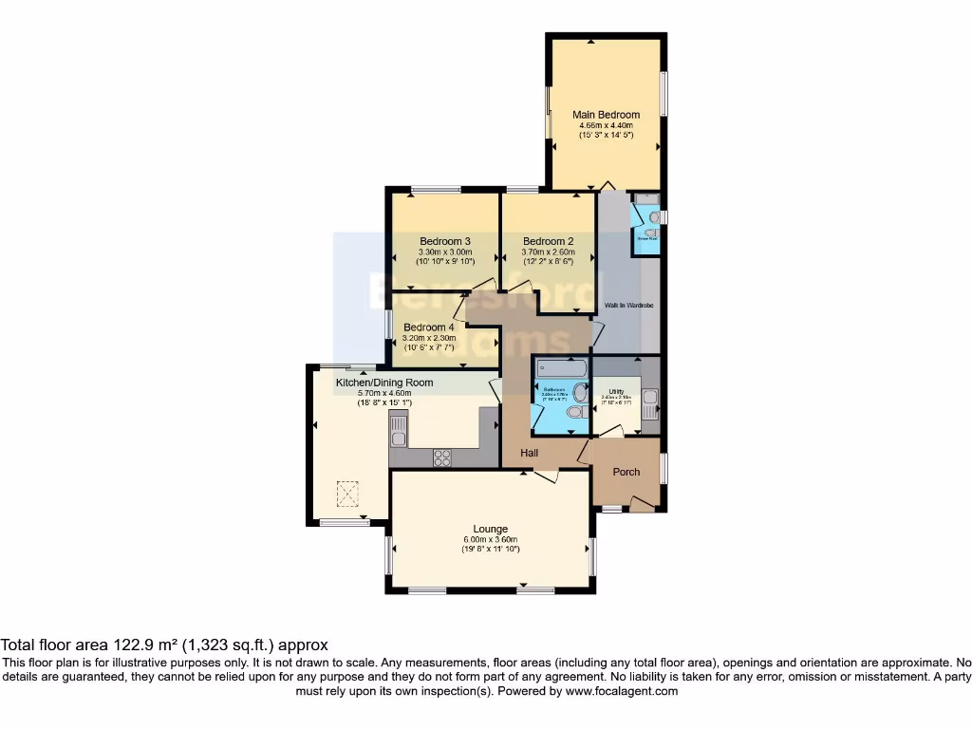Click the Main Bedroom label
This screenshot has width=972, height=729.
[606, 115]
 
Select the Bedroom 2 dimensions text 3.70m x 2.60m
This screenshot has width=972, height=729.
[548, 252]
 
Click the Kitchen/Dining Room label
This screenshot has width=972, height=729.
[384, 383]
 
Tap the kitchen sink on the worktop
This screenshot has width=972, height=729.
[399, 439]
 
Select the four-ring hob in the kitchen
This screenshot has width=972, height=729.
[442, 457]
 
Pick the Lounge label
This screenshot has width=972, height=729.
[491, 529]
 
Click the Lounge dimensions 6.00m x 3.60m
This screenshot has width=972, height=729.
[491, 539]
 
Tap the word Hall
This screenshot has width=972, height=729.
[529, 454]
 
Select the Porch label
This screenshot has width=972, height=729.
[626, 472]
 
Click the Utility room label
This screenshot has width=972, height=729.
[616, 391]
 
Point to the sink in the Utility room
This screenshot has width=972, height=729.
[648, 403]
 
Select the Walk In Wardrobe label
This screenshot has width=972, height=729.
[626, 306]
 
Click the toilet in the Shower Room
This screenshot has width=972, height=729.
[653, 217]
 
